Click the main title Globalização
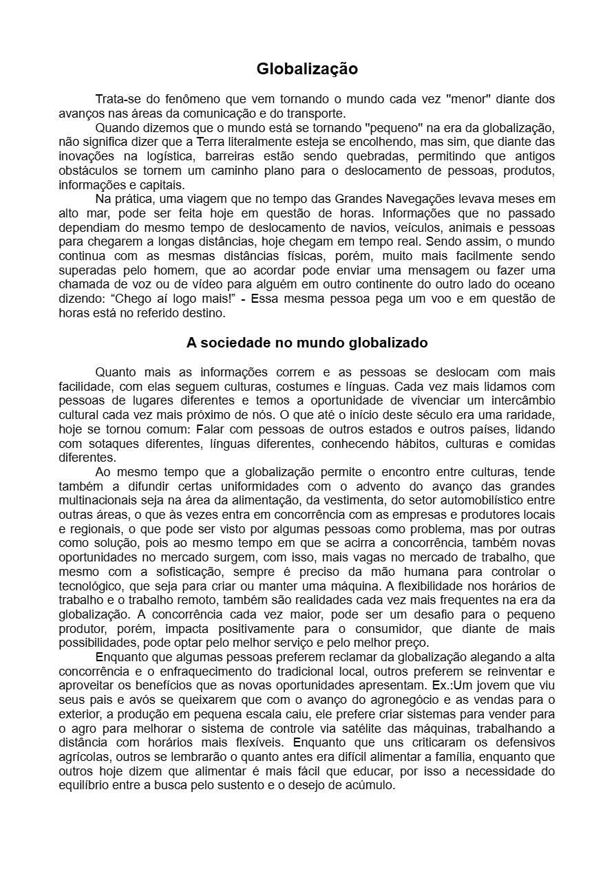pyautogui.click(x=307, y=69)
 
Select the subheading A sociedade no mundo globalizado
pyautogui.click(x=307, y=343)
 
